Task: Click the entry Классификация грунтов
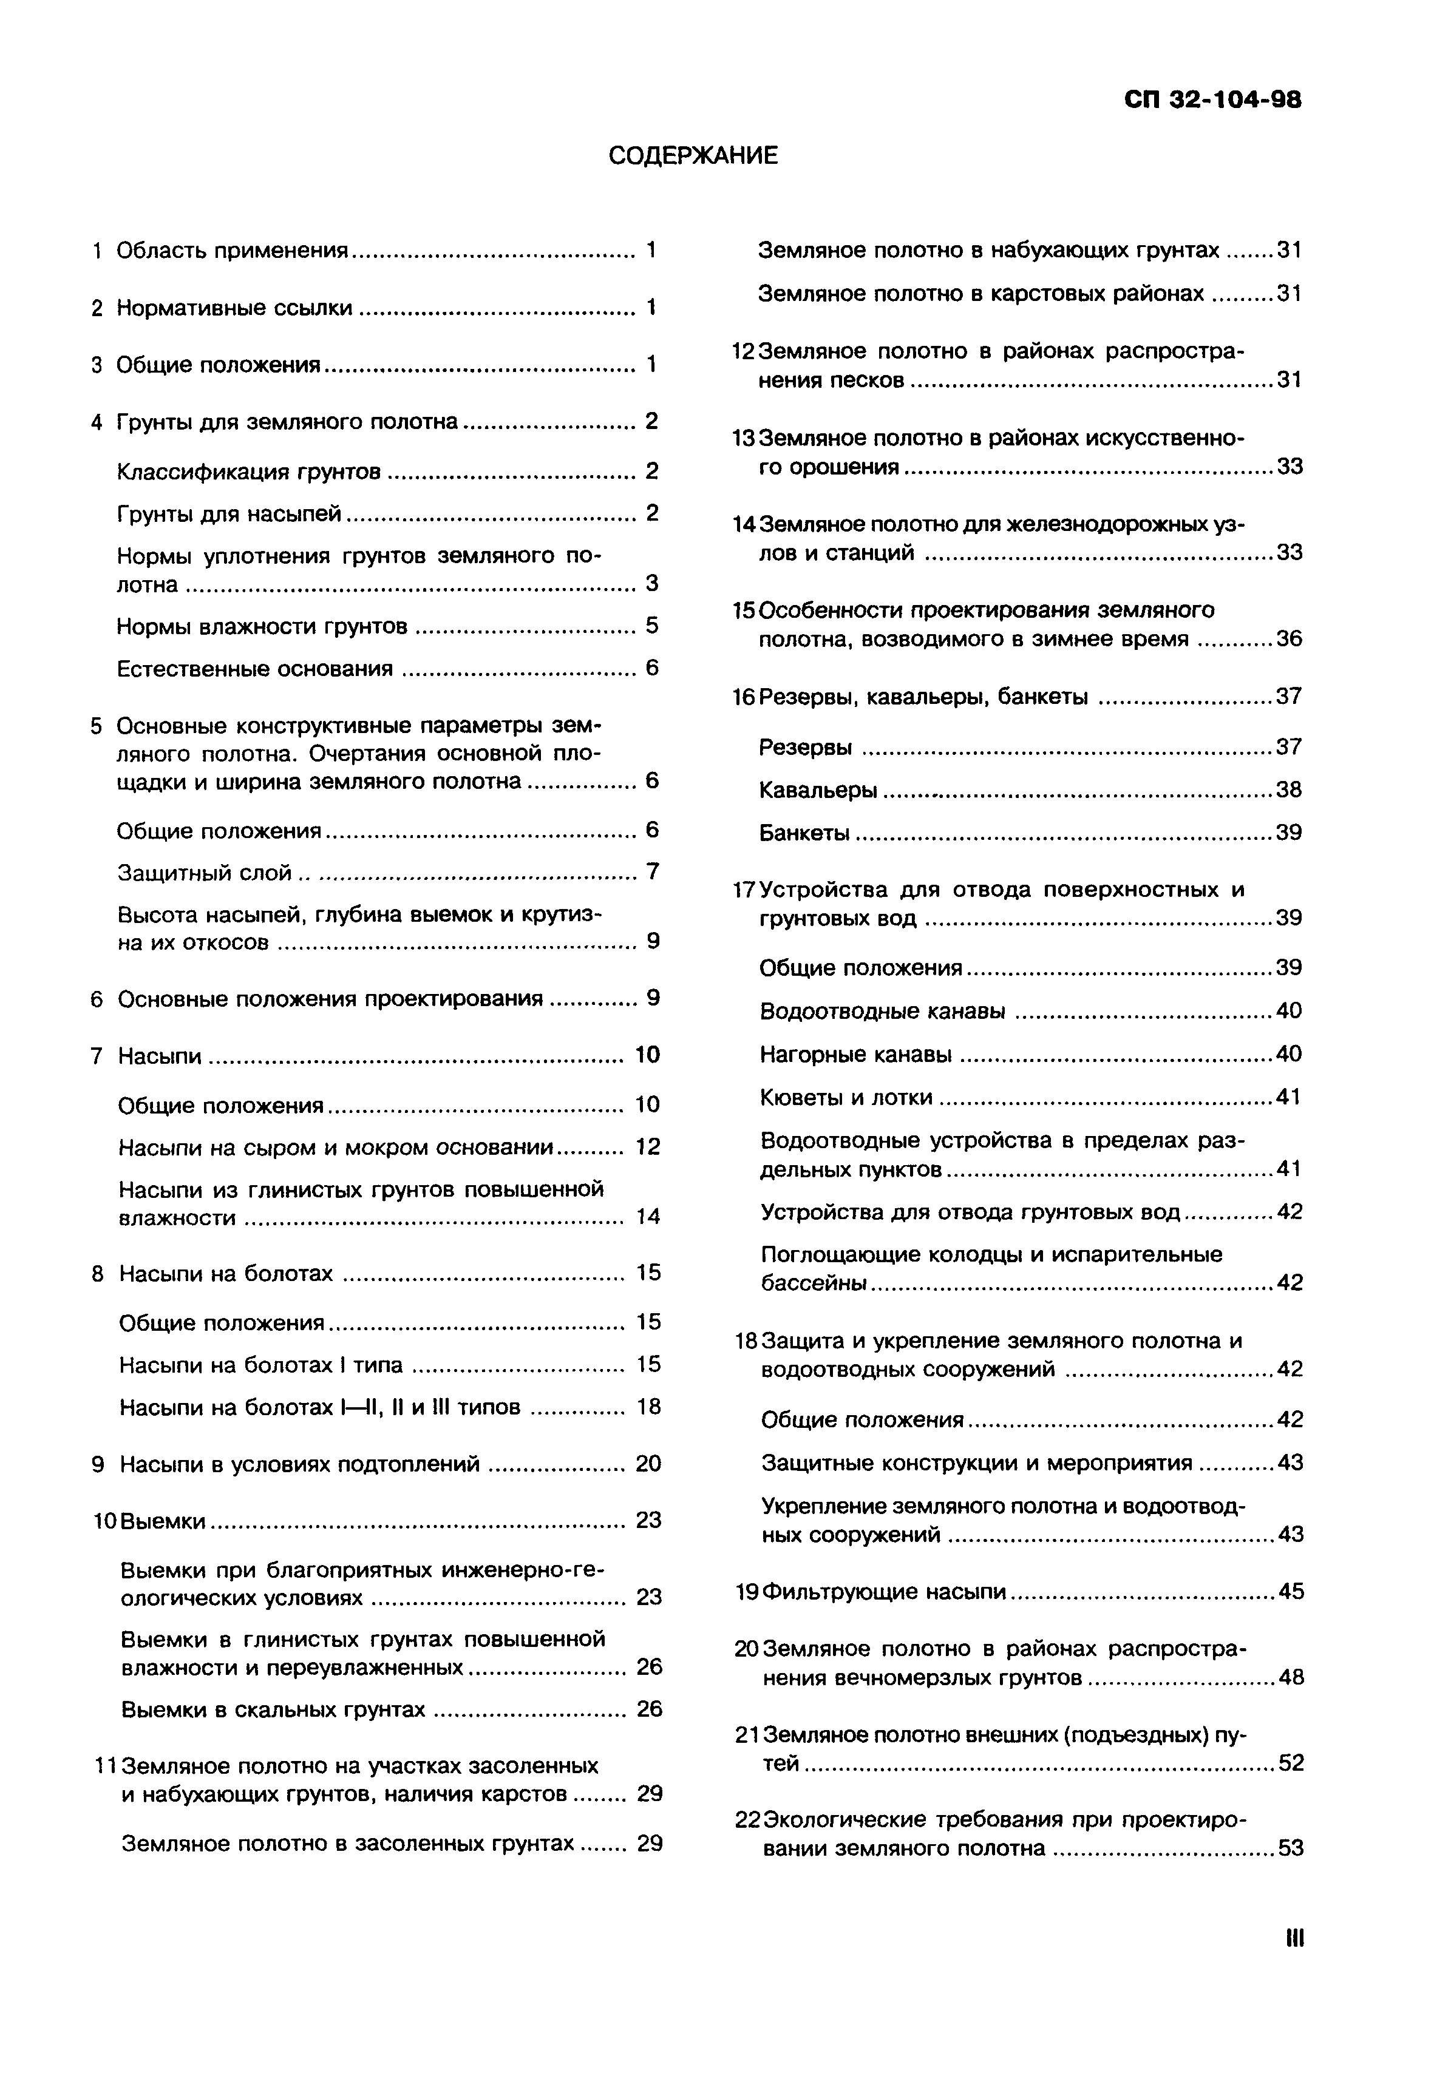tap(249, 472)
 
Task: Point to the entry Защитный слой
tap(205, 873)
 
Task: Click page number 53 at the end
tap(1290, 1849)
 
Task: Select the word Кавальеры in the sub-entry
tap(818, 790)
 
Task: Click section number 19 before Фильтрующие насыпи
tap(747, 1592)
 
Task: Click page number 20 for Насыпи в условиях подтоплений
tap(648, 1465)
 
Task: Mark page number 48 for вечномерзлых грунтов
tap(1290, 1677)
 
